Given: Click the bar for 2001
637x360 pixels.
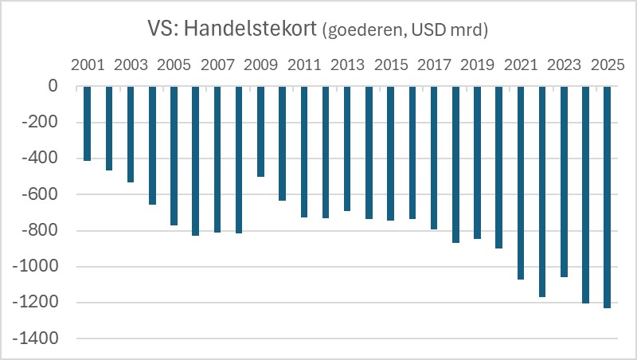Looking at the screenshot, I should pos(88,123).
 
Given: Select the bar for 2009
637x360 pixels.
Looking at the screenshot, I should pos(261,131).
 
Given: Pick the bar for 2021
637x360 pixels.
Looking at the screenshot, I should pos(522,182).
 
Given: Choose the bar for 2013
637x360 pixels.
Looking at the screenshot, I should pos(348,148).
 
